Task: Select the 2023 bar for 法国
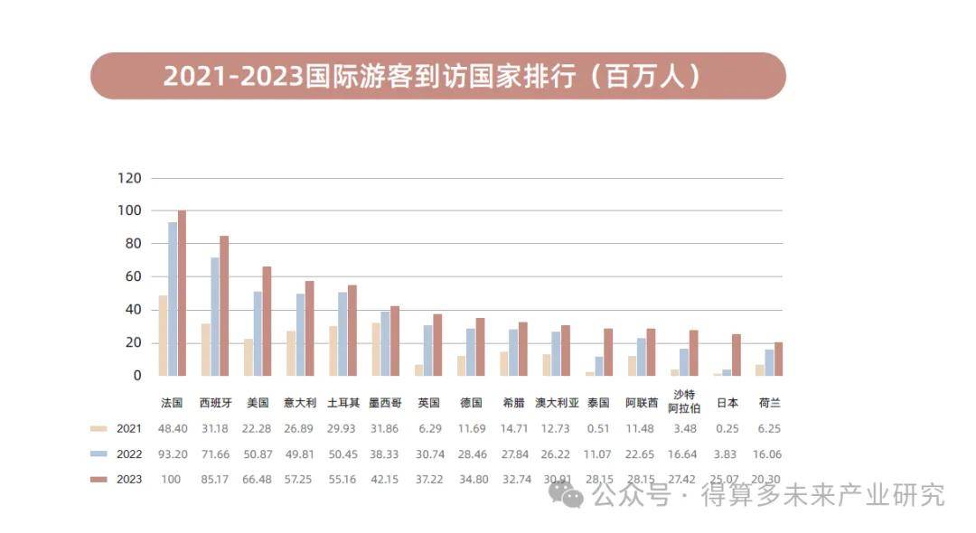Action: click(x=182, y=294)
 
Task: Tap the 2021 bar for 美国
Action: click(x=248, y=357)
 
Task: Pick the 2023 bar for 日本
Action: click(x=737, y=355)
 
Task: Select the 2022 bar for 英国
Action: click(x=427, y=351)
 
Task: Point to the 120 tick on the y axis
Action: click(x=129, y=178)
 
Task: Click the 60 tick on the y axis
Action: click(x=133, y=276)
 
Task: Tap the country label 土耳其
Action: click(x=343, y=403)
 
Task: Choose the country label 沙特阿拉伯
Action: click(x=684, y=400)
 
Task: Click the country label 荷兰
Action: click(x=770, y=403)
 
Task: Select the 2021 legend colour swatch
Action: click(x=99, y=429)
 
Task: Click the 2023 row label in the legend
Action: click(x=129, y=480)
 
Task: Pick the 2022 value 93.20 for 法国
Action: click(x=172, y=454)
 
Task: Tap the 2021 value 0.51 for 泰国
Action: click(x=597, y=429)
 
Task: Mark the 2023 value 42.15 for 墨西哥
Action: click(x=384, y=480)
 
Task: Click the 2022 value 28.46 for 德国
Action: click(x=470, y=454)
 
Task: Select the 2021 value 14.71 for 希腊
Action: click(x=512, y=429)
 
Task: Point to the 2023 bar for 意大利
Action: click(x=309, y=328)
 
